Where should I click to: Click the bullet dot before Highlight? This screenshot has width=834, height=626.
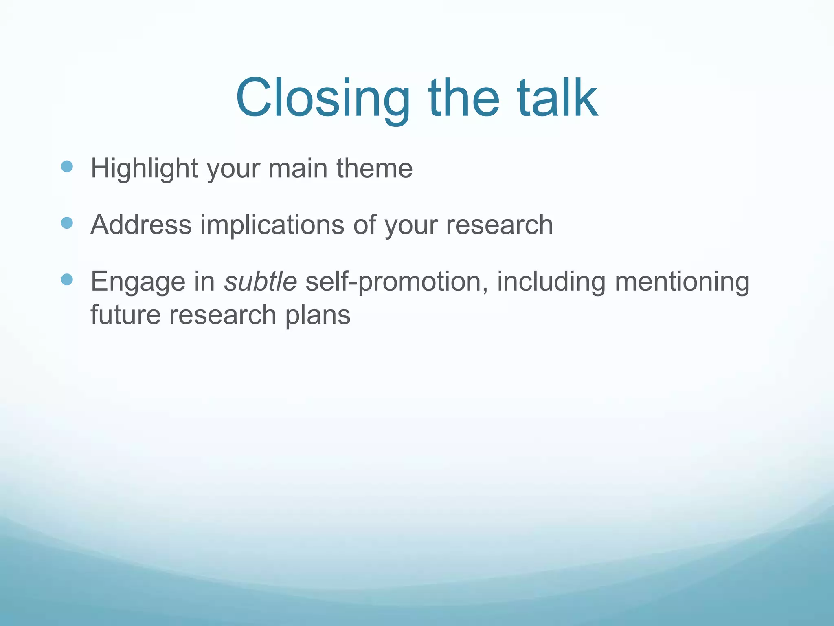tap(67, 166)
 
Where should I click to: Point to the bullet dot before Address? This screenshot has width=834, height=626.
tap(67, 223)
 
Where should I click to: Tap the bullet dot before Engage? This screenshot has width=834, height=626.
tap(67, 280)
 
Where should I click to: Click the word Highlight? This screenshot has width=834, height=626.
tap(144, 169)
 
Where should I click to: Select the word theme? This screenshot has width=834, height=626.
tap(374, 168)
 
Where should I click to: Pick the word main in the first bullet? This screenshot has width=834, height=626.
tap(298, 168)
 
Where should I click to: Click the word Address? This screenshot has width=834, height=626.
tap(141, 225)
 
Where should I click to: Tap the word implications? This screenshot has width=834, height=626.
tap(272, 225)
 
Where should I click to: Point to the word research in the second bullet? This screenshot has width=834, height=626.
tap(499, 225)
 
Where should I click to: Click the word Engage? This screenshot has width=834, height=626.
tap(138, 282)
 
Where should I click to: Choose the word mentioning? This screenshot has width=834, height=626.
tap(682, 282)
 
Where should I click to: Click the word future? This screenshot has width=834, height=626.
tap(125, 315)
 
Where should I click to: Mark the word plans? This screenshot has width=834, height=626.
tap(318, 315)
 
